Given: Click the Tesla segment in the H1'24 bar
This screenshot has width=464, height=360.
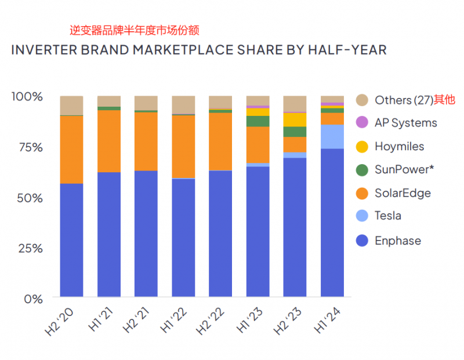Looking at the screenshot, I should tap(332, 137).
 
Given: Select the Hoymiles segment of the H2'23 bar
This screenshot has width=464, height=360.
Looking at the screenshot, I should tap(295, 119).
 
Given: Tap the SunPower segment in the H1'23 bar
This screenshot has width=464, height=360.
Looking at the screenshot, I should tap(258, 121).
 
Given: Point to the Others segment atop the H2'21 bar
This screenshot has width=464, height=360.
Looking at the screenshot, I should tap(146, 103).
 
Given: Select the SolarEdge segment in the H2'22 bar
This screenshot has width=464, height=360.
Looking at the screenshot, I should tap(220, 141).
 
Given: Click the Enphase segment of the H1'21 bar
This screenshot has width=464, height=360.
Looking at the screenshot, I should tap(109, 235).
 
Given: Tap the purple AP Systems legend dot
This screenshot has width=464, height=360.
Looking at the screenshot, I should tap(362, 123).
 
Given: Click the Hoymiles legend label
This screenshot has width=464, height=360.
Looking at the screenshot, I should tap(399, 147).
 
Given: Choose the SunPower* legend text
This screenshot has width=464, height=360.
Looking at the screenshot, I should tap(404, 169).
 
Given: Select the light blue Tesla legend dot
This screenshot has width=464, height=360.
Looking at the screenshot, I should tap(362, 216).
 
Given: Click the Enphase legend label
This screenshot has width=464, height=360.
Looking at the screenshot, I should tap(398, 241).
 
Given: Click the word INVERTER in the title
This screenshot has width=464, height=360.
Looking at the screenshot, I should tap(43, 50).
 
